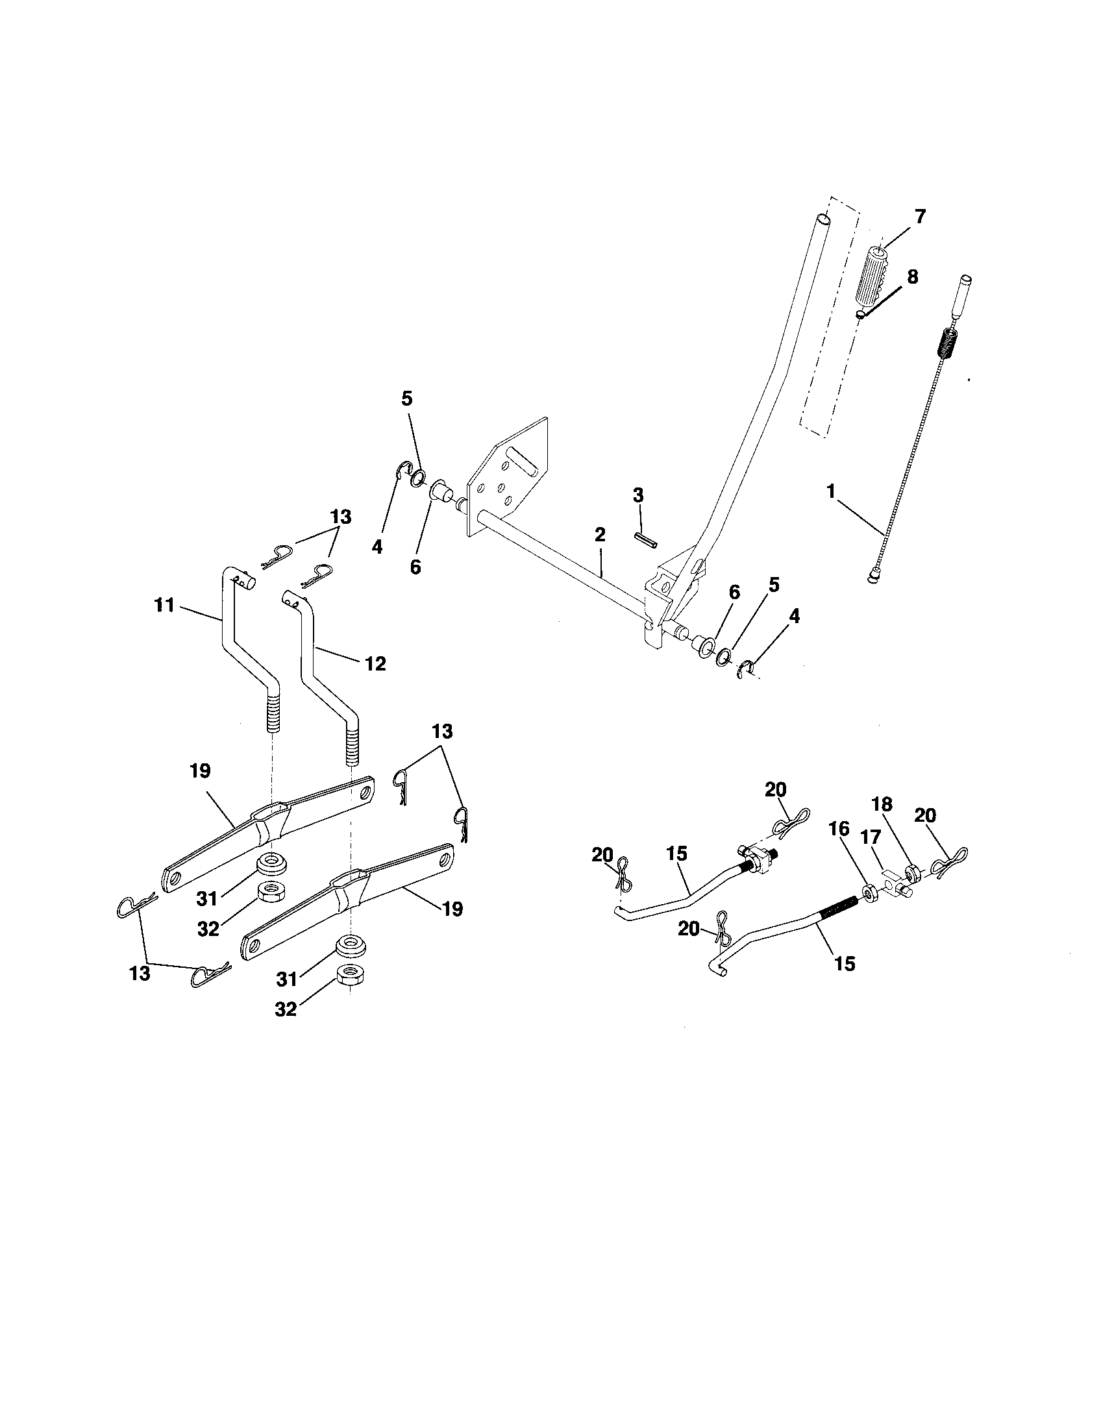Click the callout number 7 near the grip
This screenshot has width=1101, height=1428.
pos(920,217)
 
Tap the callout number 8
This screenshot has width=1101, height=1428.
pos(911,277)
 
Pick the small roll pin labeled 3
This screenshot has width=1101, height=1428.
pos(645,540)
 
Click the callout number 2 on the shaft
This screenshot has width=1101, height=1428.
pos(600,535)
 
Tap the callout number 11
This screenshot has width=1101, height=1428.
pos(164,606)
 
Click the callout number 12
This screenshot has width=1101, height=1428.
pos(376,663)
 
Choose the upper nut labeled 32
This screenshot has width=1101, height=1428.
pos(267,891)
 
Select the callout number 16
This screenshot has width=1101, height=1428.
pos(839,829)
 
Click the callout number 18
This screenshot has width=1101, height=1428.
pos(882,804)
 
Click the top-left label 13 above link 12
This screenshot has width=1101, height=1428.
pos(341,517)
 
